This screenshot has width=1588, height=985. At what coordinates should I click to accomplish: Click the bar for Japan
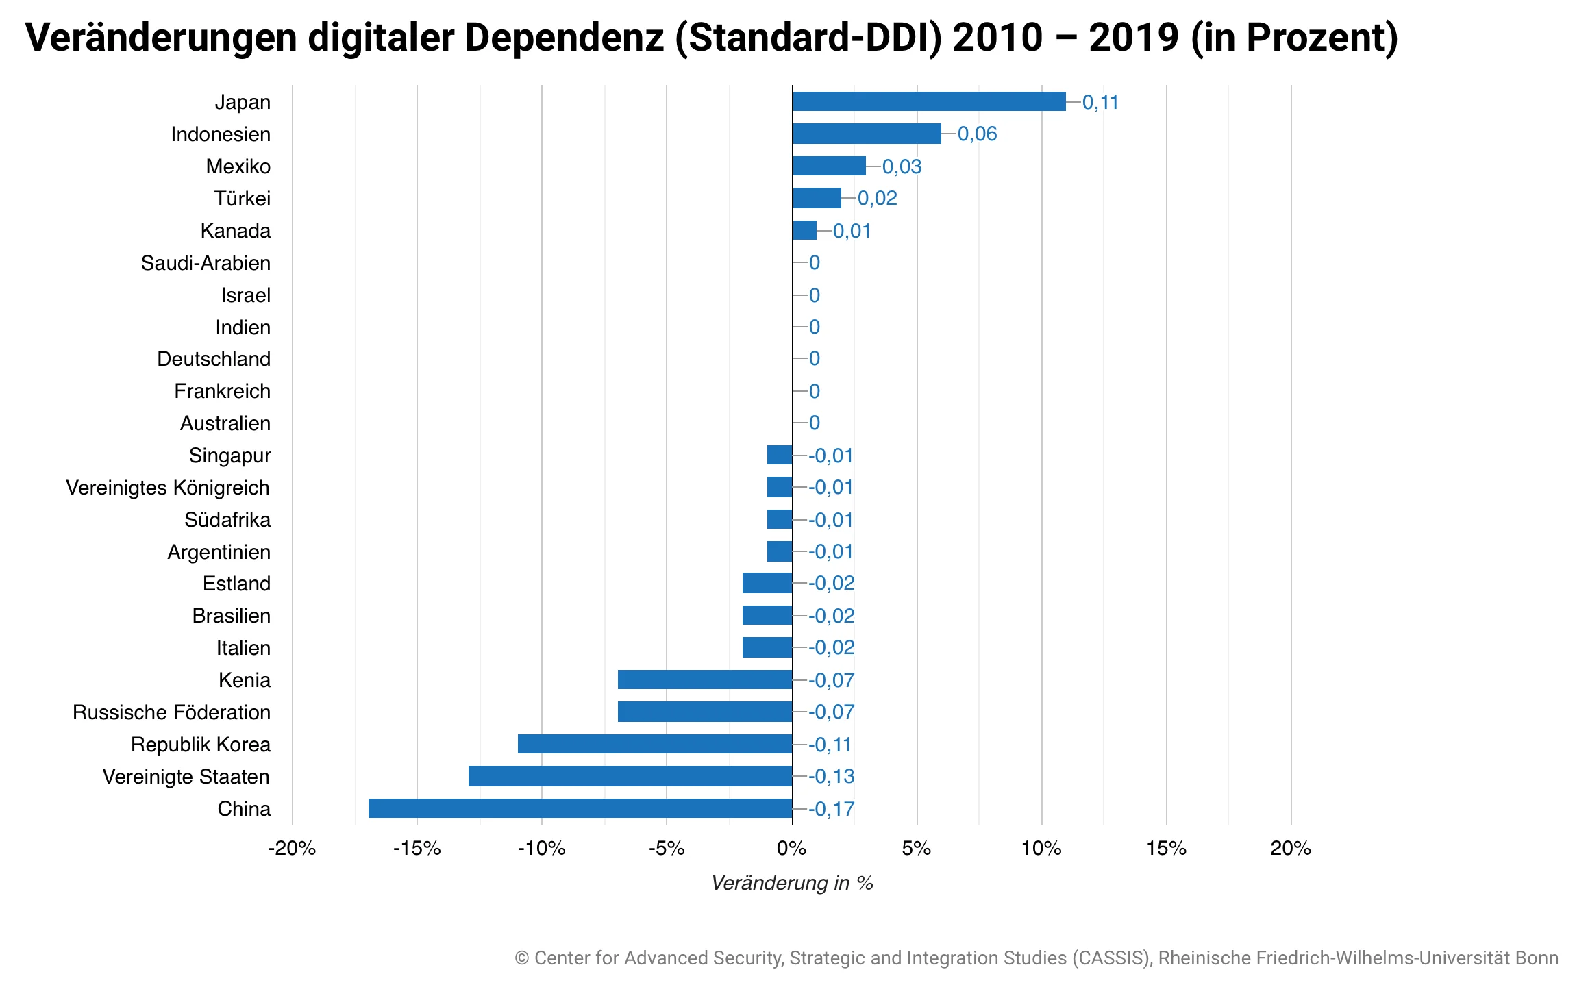[928, 101]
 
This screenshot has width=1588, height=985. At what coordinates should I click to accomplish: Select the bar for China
[580, 808]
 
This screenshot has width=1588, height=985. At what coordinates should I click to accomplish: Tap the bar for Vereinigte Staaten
[630, 776]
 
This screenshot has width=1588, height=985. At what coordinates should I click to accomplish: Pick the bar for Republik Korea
[655, 744]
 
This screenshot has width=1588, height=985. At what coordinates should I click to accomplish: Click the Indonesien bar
[867, 134]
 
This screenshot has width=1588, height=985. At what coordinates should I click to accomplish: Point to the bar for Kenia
[705, 679]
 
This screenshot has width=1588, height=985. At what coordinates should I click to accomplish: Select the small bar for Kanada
[804, 230]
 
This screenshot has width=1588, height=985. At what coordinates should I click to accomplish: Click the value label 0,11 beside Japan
[1100, 102]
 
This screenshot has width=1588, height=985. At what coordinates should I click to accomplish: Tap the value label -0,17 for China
[831, 809]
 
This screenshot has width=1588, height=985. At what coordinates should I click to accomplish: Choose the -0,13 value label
[831, 776]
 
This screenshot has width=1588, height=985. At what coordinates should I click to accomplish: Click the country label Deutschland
[213, 359]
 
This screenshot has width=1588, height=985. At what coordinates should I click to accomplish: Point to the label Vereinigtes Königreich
[167, 488]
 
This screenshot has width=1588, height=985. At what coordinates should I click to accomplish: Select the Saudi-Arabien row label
[206, 263]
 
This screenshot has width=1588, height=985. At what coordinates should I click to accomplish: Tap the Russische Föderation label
[171, 712]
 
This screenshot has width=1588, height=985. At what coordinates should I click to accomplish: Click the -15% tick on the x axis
[417, 849]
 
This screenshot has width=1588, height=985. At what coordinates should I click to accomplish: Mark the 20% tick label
[1291, 849]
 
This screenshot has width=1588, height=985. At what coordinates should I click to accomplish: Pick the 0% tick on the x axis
[792, 849]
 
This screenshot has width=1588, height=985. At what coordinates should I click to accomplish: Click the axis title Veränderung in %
[792, 883]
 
